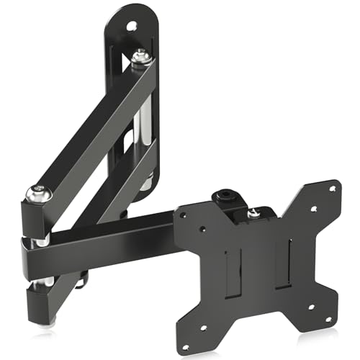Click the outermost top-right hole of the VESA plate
pos(332,189)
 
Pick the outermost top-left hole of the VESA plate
pos(184,213)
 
